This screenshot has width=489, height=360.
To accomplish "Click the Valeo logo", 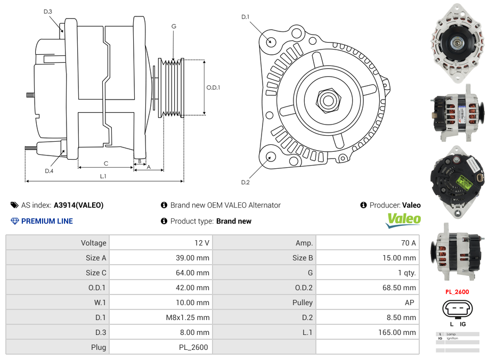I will point(403,219).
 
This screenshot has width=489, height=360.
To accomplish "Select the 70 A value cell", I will point(408,243).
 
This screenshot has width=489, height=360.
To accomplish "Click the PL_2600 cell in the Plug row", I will point(194,347).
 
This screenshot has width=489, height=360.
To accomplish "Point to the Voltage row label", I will point(93,243).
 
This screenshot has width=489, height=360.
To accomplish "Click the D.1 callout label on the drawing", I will point(245,17).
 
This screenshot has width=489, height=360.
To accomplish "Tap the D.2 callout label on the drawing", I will point(245,182).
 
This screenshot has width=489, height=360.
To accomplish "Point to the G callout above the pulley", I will point(174,26).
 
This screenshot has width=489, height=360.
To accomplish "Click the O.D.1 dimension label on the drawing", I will point(213,87).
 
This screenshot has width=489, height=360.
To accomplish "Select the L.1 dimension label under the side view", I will point(103,176).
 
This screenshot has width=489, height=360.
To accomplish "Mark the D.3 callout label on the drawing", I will point(48,11).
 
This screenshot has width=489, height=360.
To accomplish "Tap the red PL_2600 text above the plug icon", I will point(457,292).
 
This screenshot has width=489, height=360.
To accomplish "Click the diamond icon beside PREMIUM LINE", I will point(14,221).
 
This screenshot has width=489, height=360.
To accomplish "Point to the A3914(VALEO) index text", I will point(79,205).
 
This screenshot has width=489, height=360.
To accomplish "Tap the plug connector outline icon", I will point(457,309).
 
